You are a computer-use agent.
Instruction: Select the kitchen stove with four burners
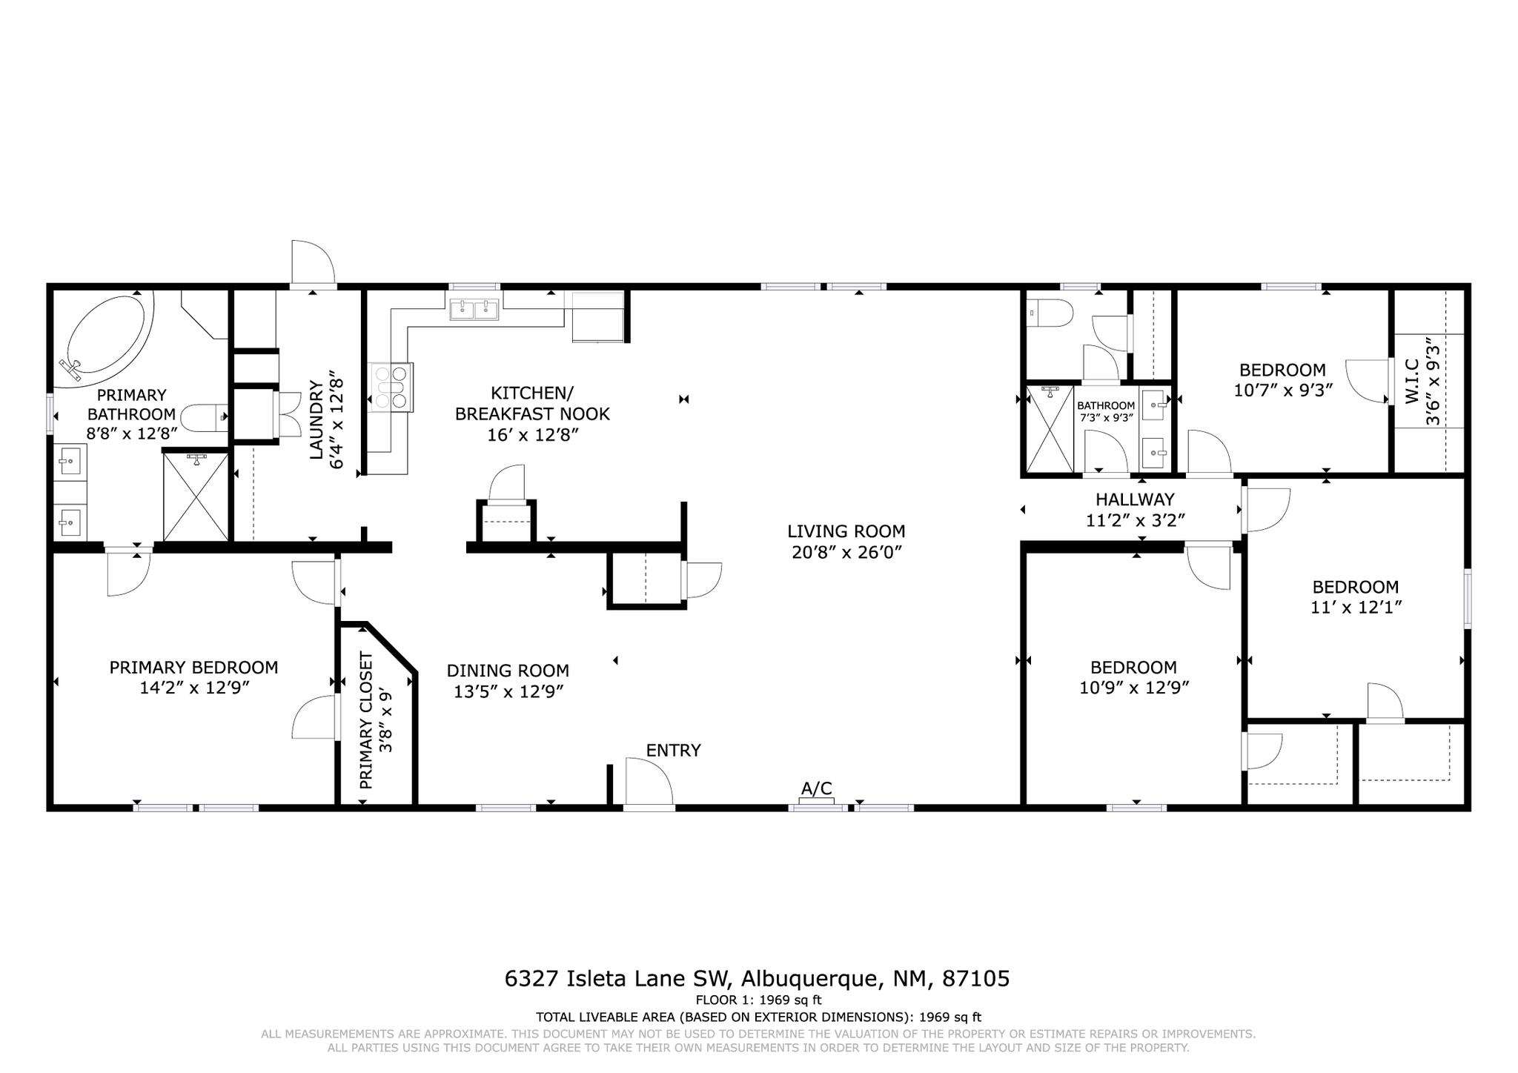pyautogui.click(x=391, y=387)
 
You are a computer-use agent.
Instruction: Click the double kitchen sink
pyautogui.click(x=474, y=309)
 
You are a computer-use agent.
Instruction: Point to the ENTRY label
pyautogui.click(x=673, y=751)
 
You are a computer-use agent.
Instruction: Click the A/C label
pyautogui.click(x=817, y=788)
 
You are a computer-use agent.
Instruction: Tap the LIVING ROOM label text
pyautogui.click(x=846, y=531)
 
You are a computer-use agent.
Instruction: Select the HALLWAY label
pyautogui.click(x=1135, y=499)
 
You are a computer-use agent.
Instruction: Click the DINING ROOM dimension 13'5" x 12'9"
pyautogui.click(x=509, y=691)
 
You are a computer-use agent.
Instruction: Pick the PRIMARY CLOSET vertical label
pyautogui.click(x=365, y=720)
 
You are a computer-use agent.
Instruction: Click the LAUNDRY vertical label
pyautogui.click(x=316, y=419)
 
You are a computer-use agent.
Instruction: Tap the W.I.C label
pyautogui.click(x=1411, y=381)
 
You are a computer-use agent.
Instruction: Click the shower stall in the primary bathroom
pyautogui.click(x=196, y=496)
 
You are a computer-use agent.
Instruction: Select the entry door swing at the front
pyautogui.click(x=649, y=781)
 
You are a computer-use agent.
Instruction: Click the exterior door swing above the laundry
pyautogui.click(x=313, y=262)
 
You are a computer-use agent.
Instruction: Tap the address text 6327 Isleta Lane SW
pyautogui.click(x=619, y=979)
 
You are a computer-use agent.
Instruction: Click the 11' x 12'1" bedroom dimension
pyautogui.click(x=1356, y=608)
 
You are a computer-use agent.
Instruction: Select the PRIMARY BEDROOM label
pyautogui.click(x=194, y=668)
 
